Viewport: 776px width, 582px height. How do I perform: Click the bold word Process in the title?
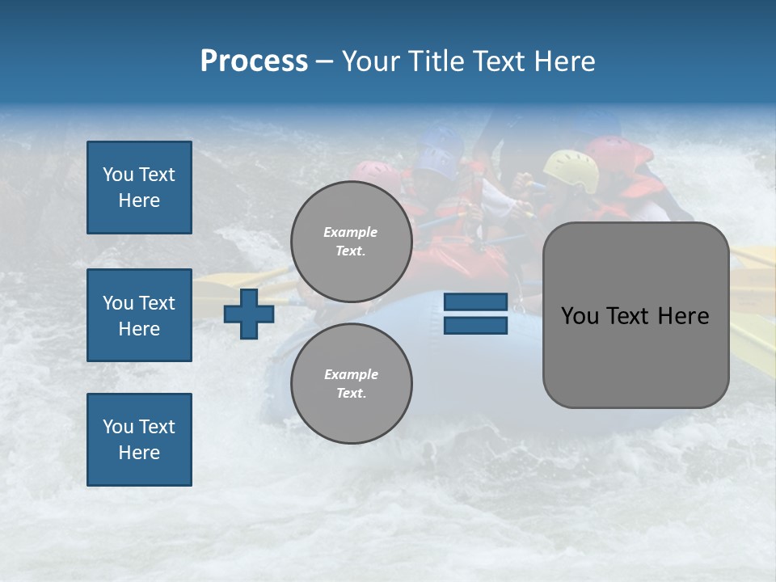(254, 61)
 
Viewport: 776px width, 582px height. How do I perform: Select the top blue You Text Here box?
(139, 188)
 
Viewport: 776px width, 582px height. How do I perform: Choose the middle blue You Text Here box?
(139, 315)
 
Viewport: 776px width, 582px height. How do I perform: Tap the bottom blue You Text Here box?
(139, 440)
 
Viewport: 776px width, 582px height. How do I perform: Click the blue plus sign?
(249, 314)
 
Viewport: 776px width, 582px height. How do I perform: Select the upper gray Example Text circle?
(351, 241)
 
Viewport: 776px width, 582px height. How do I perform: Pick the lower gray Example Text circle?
(351, 383)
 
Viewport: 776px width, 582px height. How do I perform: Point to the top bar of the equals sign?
(475, 302)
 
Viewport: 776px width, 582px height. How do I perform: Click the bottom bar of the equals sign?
(475, 326)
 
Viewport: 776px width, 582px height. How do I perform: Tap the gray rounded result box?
(635, 314)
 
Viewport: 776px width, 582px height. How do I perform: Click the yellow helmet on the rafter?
(571, 168)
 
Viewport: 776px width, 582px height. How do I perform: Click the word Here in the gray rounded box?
(683, 316)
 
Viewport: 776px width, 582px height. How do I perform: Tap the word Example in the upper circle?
(351, 232)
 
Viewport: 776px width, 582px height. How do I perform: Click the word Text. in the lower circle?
(351, 394)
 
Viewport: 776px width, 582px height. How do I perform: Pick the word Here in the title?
(566, 61)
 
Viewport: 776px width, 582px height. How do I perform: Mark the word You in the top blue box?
(118, 175)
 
